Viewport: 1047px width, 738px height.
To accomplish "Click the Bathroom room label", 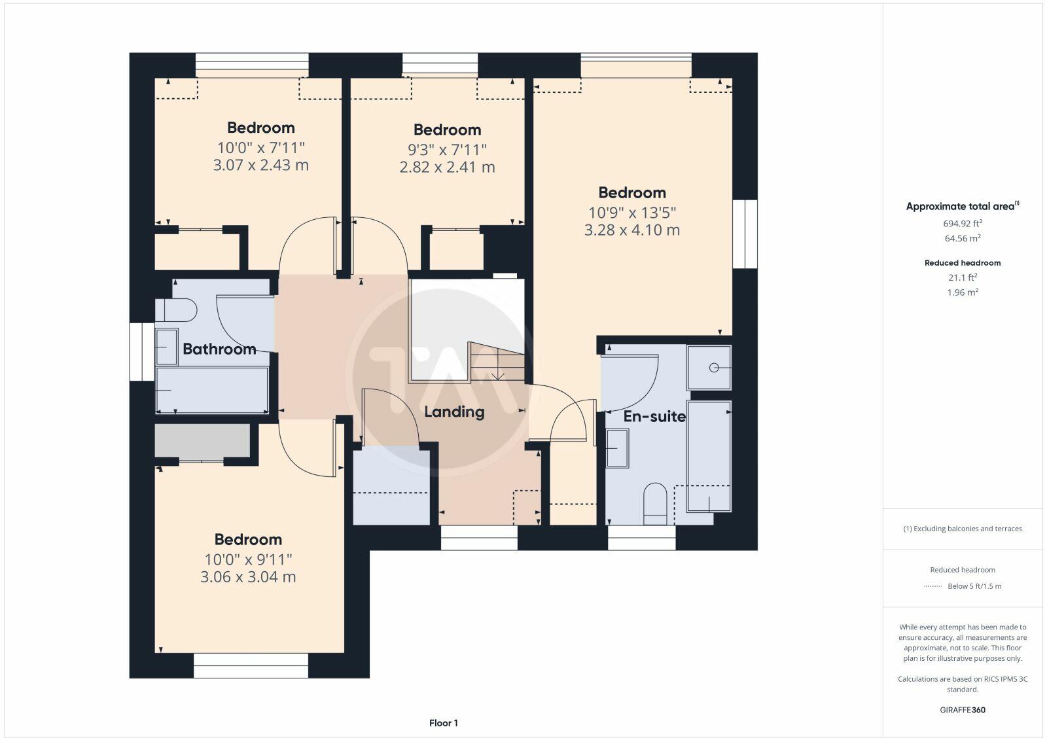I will pyautogui.click(x=219, y=349).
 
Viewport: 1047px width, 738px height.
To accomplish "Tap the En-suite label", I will pyautogui.click(x=654, y=416).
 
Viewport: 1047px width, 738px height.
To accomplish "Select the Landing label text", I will pyautogui.click(x=454, y=412).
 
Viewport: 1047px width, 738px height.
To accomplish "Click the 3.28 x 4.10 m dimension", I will pyautogui.click(x=631, y=230).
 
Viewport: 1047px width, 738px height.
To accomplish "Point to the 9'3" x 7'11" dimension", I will pyautogui.click(x=447, y=149).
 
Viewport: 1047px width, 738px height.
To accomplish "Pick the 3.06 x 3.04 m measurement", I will pyautogui.click(x=248, y=577).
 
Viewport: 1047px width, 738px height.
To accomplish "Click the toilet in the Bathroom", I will pyautogui.click(x=177, y=310).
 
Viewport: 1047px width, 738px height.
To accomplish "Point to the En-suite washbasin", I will pyautogui.click(x=617, y=448).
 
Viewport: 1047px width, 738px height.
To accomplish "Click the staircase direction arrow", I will pyautogui.click(x=498, y=375).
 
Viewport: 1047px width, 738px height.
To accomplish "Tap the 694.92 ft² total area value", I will pyautogui.click(x=963, y=223).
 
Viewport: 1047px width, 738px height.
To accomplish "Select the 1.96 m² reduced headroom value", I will pyautogui.click(x=963, y=292).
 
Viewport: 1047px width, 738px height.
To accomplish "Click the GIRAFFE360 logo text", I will pyautogui.click(x=963, y=710).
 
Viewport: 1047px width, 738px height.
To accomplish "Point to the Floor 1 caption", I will pyautogui.click(x=444, y=723).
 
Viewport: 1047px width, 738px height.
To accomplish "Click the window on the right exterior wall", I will pyautogui.click(x=745, y=234).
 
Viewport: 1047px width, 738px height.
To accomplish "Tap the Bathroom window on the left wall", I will pyautogui.click(x=141, y=351).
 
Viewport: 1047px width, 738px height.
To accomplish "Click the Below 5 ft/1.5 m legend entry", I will pyautogui.click(x=974, y=586).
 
